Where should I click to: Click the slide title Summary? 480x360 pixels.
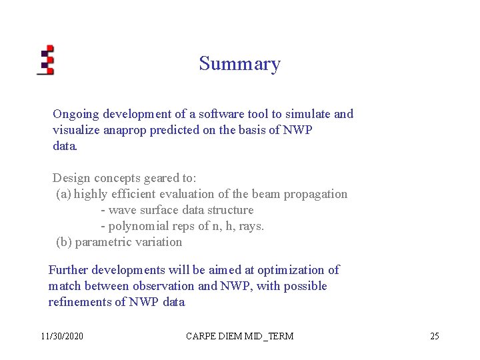coord(239,64)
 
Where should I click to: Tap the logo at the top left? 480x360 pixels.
coord(45,60)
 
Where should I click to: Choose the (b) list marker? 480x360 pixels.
coord(64,243)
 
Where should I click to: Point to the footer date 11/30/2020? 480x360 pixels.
coord(62,336)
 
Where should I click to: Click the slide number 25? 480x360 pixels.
coord(434,336)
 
